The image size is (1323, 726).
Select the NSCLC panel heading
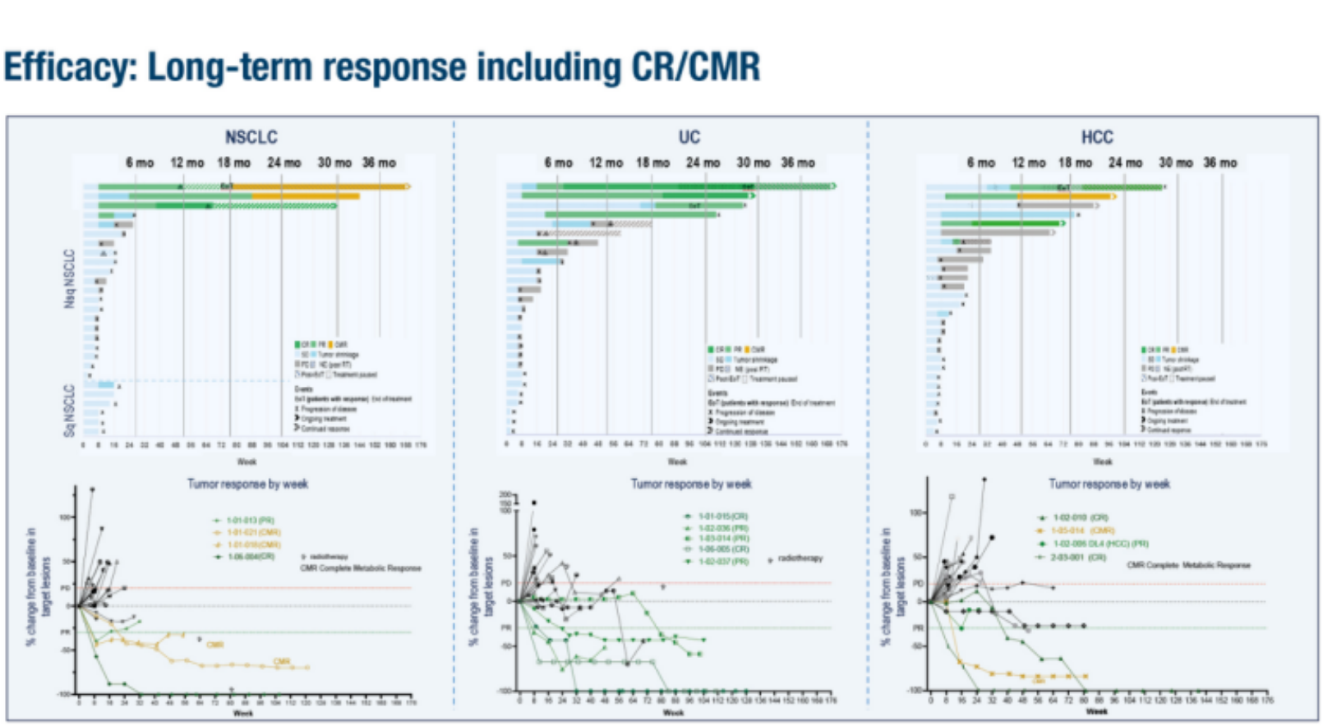pos(251,137)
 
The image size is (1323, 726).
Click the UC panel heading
pos(689,137)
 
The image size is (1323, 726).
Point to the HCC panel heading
pos(1097,137)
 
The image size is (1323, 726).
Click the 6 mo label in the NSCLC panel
pos(140,163)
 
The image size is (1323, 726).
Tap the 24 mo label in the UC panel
pos(703,163)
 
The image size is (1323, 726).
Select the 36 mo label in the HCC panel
pos(1220,163)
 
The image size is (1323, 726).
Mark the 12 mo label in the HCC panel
pos(1029,163)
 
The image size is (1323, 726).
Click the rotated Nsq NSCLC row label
pos(70,279)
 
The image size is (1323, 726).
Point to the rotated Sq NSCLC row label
pos(70,410)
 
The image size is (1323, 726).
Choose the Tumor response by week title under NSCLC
pos(247,484)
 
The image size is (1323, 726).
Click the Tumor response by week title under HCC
pos(1109,484)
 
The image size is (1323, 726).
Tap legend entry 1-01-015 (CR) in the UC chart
pos(723,517)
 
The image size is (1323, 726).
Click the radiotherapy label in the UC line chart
pos(800,558)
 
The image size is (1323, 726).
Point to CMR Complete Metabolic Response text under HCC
pos(1188,565)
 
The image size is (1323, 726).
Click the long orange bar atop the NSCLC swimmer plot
pos(320,186)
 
